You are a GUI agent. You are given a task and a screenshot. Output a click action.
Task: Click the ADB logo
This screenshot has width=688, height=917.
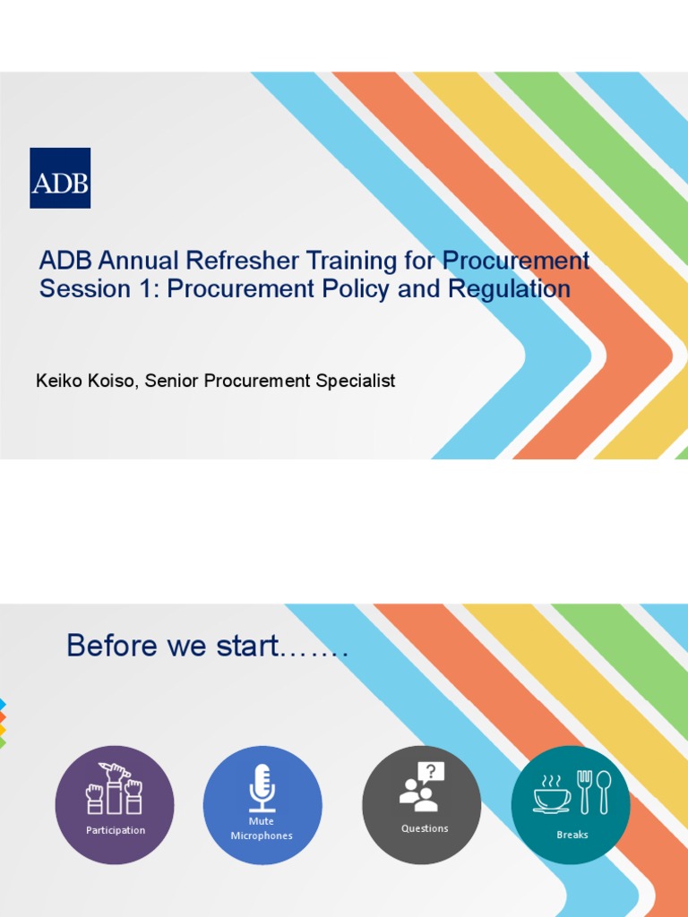60,178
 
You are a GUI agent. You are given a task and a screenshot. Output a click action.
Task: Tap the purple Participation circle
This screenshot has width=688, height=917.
115,805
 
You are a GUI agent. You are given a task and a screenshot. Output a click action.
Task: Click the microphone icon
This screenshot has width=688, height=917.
262,786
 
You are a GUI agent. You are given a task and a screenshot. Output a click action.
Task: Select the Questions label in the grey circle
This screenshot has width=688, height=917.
425,829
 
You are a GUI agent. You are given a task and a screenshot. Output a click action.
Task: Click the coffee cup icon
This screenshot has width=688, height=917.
551,793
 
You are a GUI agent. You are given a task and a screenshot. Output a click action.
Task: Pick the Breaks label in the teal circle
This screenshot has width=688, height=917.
572,835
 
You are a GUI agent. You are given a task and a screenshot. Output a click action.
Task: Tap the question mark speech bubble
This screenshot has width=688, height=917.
431,772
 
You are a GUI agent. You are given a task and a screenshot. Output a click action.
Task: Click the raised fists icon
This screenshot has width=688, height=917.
114,788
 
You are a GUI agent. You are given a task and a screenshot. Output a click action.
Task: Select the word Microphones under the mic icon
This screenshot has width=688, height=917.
262,836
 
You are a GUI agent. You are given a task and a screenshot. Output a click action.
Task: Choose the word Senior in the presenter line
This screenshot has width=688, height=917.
172,381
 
